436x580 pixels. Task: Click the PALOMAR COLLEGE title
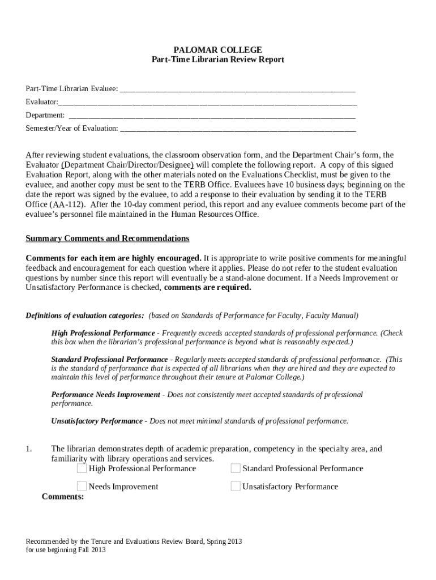[217, 50]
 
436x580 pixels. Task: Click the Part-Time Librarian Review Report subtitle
[217, 59]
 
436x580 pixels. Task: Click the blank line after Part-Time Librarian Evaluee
[238, 89]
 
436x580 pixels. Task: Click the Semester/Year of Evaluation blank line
[238, 129]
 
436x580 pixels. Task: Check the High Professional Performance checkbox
[82, 468]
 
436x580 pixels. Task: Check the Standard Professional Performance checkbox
[236, 468]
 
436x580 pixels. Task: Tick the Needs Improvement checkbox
[82, 487]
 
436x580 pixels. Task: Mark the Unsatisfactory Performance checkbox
[236, 487]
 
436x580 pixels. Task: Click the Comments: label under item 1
[63, 497]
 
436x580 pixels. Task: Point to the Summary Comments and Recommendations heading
[108, 238]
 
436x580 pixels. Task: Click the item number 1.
[28, 449]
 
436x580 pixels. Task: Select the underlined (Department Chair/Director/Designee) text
[127, 165]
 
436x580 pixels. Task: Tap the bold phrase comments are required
[207, 288]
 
